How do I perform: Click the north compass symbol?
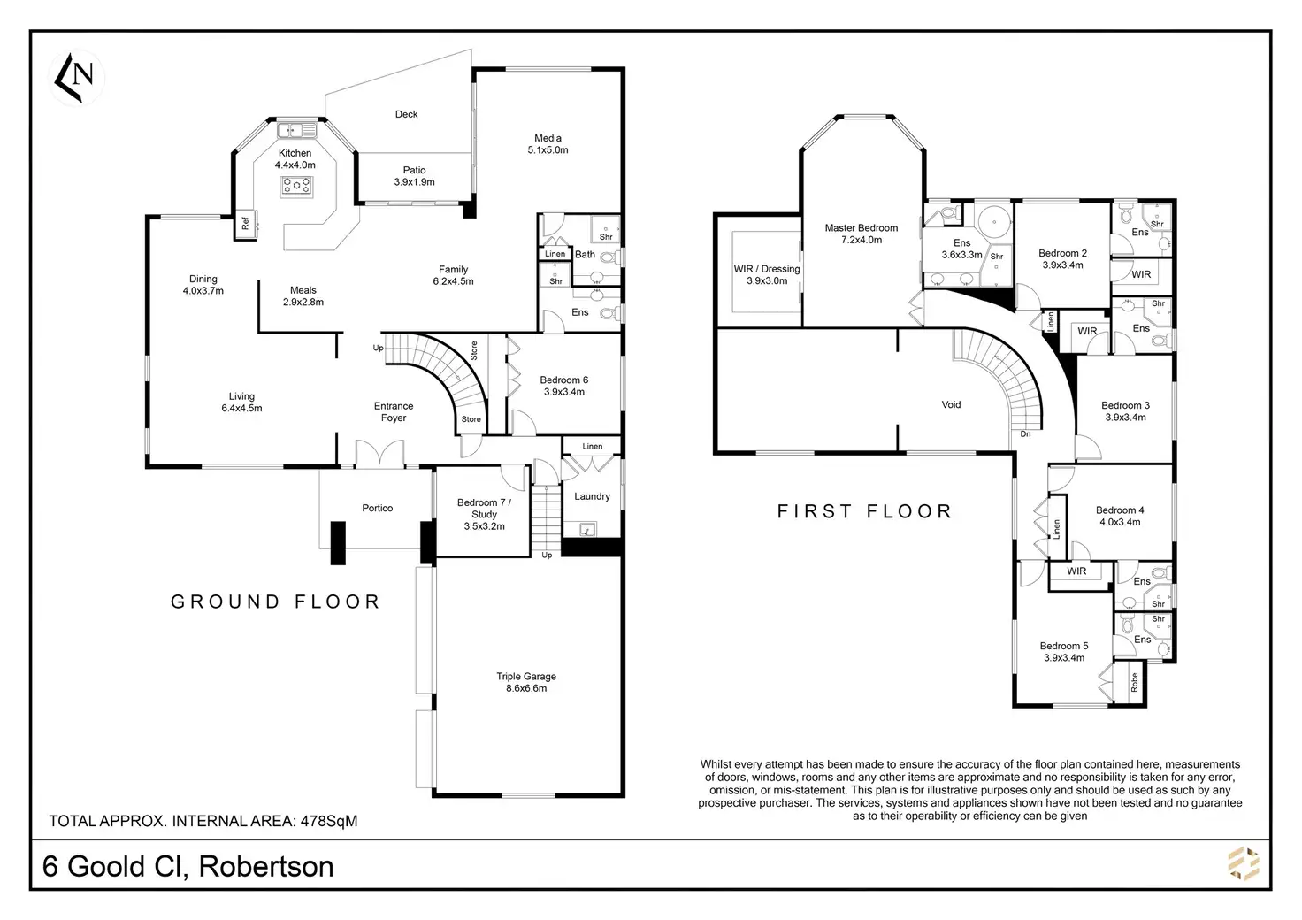(x=76, y=78)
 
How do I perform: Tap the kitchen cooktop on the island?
(x=296, y=186)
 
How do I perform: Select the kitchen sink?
(x=297, y=130)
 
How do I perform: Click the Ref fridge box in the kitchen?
(x=245, y=224)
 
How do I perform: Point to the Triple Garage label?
(x=526, y=676)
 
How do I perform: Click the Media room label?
(x=548, y=138)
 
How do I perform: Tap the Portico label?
(x=377, y=508)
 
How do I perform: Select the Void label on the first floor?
(x=951, y=404)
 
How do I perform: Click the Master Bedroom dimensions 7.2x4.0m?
(x=862, y=240)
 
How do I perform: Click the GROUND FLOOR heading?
(x=275, y=602)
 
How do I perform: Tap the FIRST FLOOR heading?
(x=865, y=511)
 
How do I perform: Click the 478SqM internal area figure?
(x=329, y=821)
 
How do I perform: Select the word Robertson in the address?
(x=266, y=867)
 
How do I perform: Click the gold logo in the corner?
(x=1244, y=863)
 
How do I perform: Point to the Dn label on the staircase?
(x=1025, y=433)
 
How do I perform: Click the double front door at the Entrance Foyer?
(x=380, y=454)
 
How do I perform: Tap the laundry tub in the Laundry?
(x=587, y=530)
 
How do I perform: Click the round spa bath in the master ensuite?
(x=994, y=221)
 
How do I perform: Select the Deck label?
(x=406, y=114)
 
